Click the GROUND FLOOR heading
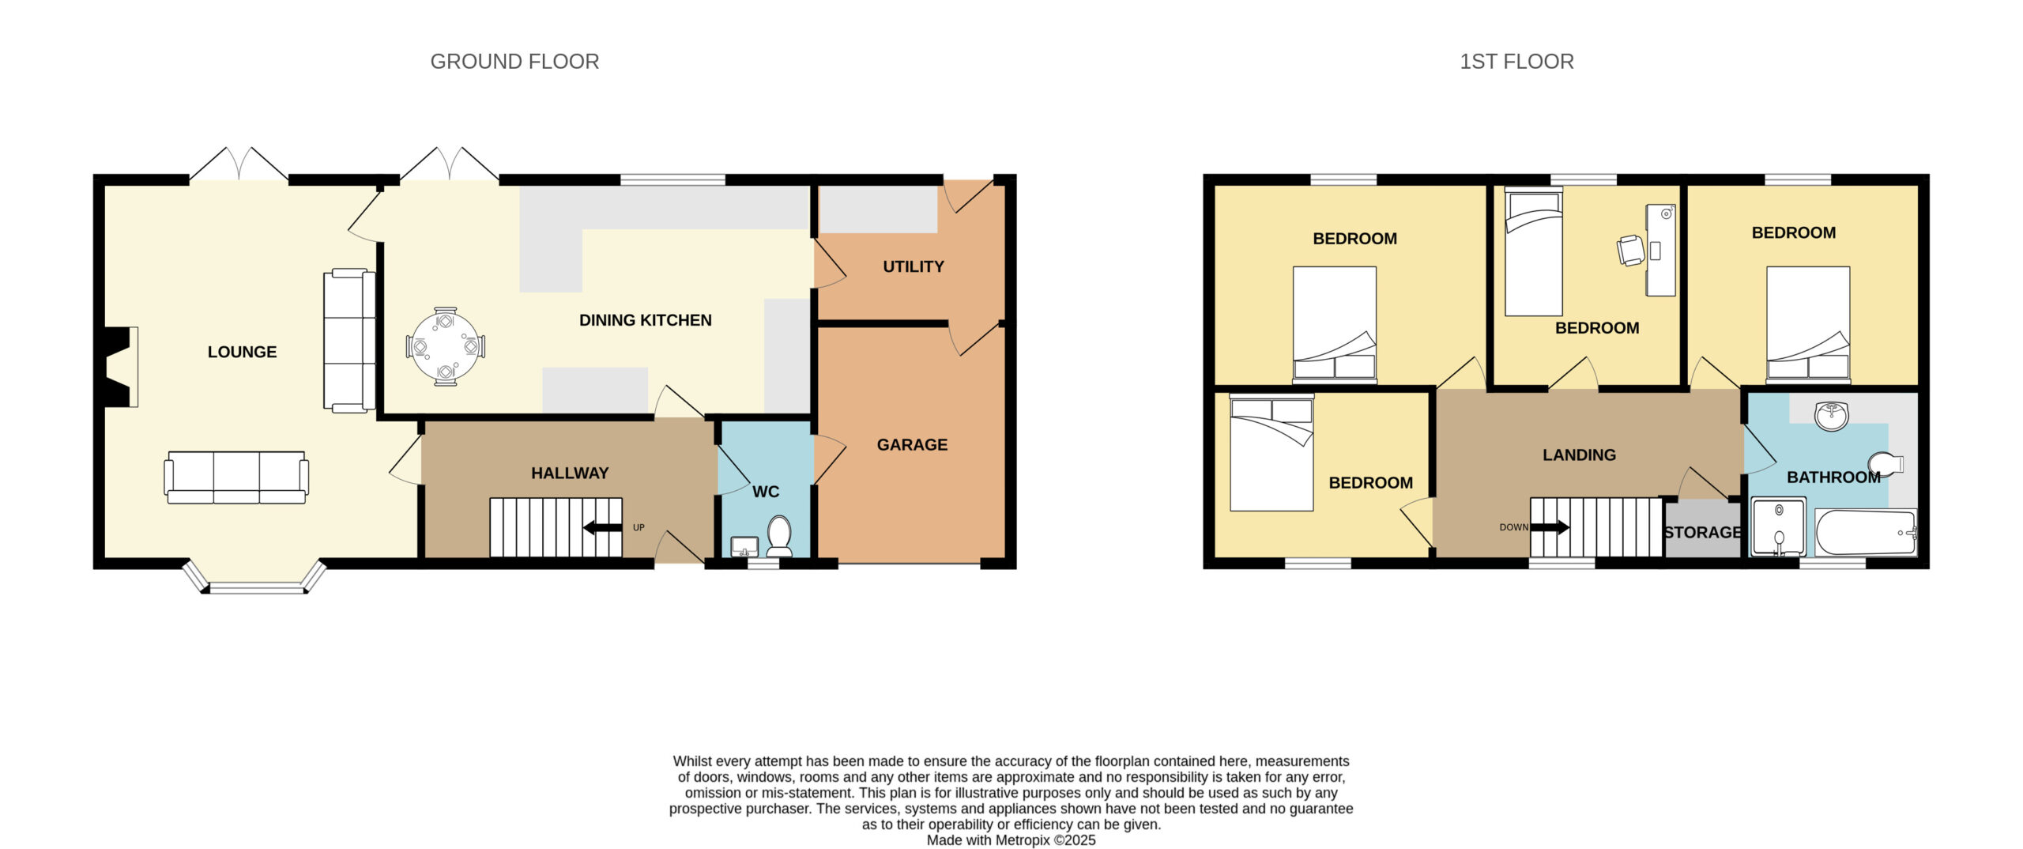[514, 62]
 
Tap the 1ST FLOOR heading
[1516, 62]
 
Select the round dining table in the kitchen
[446, 346]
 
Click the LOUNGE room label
[242, 352]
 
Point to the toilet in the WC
[780, 536]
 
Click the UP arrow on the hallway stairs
[602, 527]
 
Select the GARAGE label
[912, 444]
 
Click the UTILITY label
[914, 266]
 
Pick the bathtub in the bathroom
[1866, 533]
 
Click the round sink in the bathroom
[1831, 416]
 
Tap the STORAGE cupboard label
[1703, 532]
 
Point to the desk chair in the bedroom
[1630, 251]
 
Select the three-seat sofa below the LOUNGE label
[236, 477]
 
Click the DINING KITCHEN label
[646, 320]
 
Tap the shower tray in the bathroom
[1779, 526]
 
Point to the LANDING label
[1579, 455]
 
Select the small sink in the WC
[744, 546]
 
